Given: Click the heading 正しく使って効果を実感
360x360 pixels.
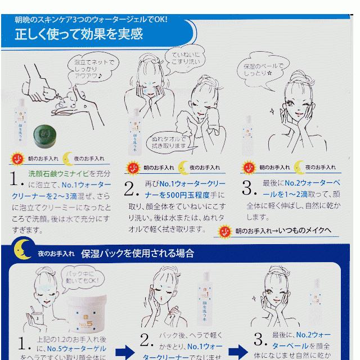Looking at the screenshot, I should (79, 34).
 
